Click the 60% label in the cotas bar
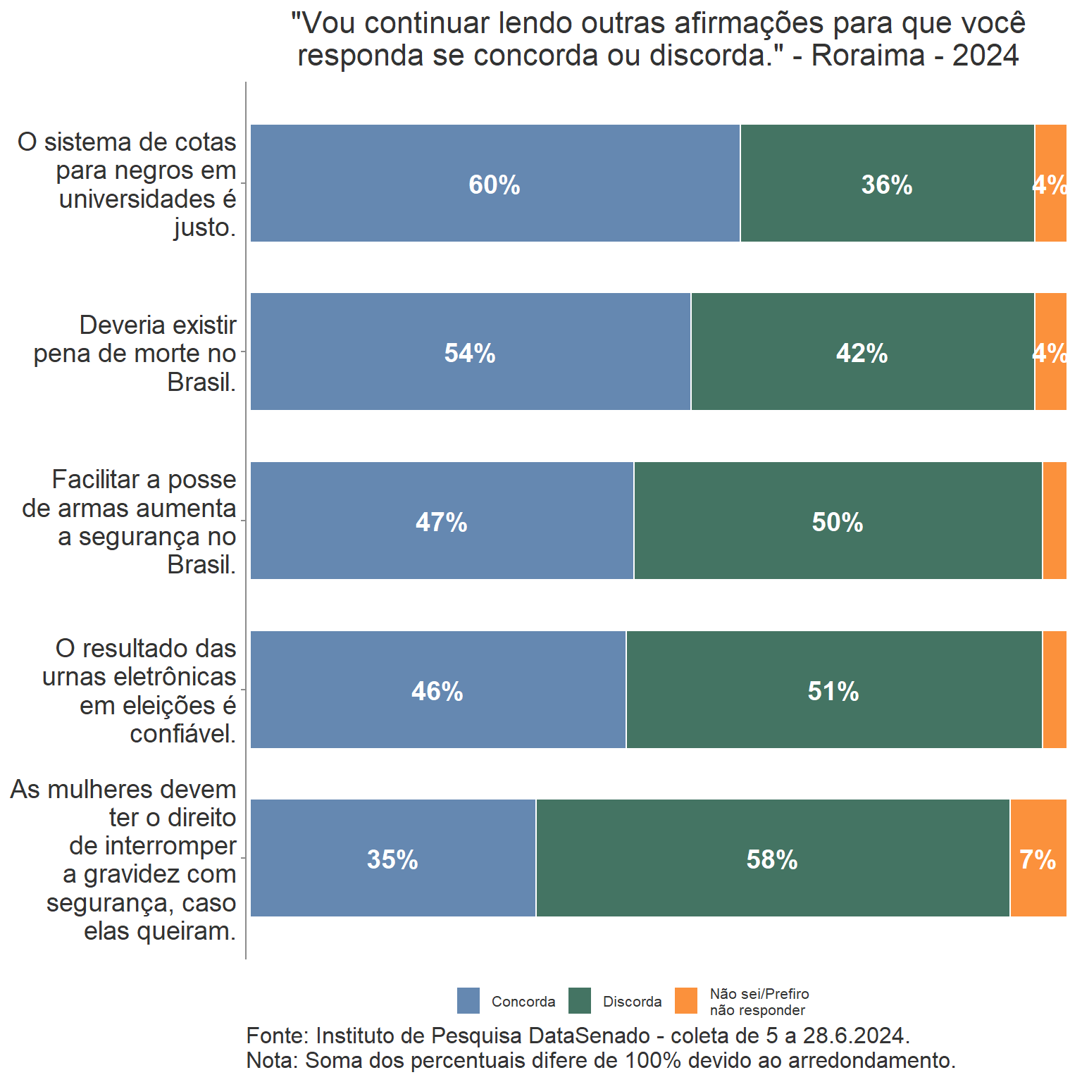pos(495,185)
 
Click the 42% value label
pos(862,353)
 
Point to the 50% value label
pos(837,522)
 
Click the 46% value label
pos(437,691)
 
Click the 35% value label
pos(392,859)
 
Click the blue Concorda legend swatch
pos(468,1000)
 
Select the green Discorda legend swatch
pos(580,1000)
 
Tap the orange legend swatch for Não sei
pos(686,1000)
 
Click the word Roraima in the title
pos(868,55)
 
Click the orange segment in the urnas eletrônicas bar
pos(1054,690)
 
